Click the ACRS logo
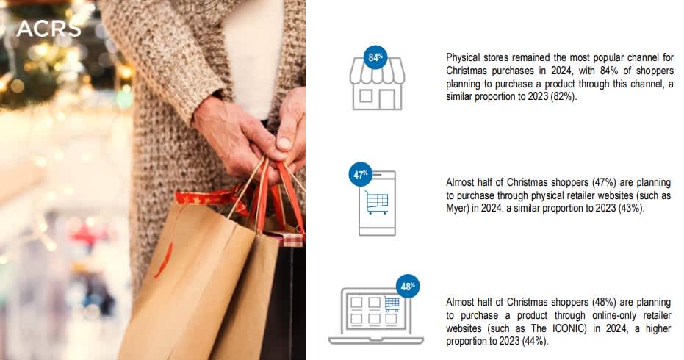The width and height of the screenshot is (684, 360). pyautogui.click(x=48, y=29)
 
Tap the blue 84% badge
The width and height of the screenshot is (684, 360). pyautogui.click(x=375, y=57)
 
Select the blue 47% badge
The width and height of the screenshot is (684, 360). pyautogui.click(x=360, y=175)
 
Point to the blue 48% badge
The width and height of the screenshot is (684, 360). pyautogui.click(x=408, y=287)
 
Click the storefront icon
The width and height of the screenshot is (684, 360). pyautogui.click(x=377, y=84)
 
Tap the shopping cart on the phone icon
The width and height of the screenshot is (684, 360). pyautogui.click(x=377, y=203)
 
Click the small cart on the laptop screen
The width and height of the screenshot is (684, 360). pyautogui.click(x=392, y=304)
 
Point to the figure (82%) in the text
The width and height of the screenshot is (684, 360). pyautogui.click(x=564, y=96)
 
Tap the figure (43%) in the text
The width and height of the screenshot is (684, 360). pyautogui.click(x=631, y=208)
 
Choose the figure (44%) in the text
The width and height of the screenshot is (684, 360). pyautogui.click(x=535, y=341)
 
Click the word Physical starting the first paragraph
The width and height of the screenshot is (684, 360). pyautogui.click(x=462, y=58)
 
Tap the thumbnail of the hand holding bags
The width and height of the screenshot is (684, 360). pyautogui.click(x=153, y=180)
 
